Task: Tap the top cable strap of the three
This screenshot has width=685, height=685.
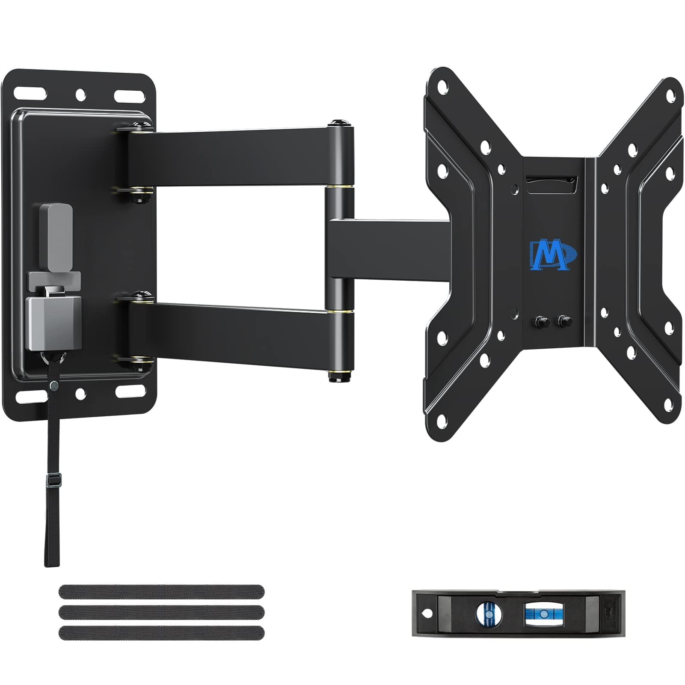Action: tap(161, 592)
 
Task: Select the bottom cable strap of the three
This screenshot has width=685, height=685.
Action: tap(161, 633)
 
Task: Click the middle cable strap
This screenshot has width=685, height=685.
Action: tap(161, 612)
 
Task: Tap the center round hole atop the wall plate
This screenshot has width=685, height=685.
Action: tap(80, 94)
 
